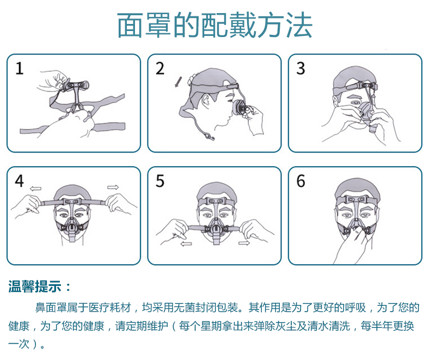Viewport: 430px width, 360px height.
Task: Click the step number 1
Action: coord(19,68)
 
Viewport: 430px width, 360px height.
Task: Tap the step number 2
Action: coord(160,68)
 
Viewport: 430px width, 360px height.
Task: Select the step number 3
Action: coord(300,68)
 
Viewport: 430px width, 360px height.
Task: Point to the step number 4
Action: coord(19,181)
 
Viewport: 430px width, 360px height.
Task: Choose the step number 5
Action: coord(160,181)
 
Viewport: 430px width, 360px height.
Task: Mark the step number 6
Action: coord(300,181)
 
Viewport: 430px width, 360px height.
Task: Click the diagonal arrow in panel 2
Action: coord(178,82)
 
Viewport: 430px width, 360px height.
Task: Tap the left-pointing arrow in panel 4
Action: coord(35,188)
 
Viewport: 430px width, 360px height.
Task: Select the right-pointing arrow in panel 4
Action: coord(113,187)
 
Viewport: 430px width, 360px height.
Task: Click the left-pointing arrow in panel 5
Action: coord(187,243)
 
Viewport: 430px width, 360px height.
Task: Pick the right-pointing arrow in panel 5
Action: coord(244,243)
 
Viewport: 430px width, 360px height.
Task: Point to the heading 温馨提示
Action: coord(34,286)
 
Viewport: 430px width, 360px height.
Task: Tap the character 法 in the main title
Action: coord(299,26)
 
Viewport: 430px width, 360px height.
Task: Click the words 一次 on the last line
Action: coord(19,344)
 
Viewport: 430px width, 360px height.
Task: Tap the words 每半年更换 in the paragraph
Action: coord(387,326)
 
